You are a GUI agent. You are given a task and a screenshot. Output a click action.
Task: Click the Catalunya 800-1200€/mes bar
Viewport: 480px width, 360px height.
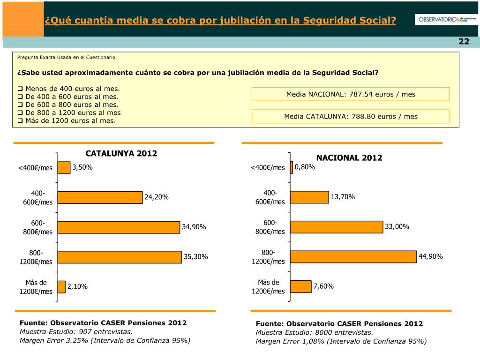120,257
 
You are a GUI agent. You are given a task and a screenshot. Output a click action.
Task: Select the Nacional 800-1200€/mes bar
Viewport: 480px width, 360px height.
353,257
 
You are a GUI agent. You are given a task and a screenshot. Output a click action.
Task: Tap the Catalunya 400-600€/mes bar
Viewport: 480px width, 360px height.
100,197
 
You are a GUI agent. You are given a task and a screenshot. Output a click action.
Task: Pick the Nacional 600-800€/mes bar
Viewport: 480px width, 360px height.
337,227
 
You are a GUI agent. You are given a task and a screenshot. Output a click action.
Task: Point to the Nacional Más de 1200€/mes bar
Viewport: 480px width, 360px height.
301,286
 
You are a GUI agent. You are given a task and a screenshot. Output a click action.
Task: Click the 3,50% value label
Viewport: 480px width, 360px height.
82,167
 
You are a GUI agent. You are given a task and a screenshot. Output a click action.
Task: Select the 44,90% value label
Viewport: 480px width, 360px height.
431,256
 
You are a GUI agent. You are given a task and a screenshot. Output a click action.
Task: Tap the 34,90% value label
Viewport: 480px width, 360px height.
194,227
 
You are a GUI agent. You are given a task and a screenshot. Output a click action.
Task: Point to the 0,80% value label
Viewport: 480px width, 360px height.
305,167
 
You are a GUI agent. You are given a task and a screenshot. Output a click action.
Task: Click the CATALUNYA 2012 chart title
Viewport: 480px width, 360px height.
121,154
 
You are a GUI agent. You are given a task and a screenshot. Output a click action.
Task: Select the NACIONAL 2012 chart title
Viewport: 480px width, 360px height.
349,158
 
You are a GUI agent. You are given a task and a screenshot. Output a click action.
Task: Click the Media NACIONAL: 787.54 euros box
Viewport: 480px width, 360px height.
351,94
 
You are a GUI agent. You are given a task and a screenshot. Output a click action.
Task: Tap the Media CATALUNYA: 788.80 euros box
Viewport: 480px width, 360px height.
351,117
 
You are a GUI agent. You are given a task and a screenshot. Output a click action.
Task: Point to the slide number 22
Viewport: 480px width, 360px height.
464,42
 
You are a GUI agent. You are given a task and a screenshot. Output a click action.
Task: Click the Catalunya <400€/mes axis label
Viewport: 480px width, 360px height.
36,168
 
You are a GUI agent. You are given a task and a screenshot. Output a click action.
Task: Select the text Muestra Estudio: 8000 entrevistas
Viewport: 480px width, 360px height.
315,332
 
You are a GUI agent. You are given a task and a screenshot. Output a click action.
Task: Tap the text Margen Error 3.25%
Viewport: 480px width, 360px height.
105,340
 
